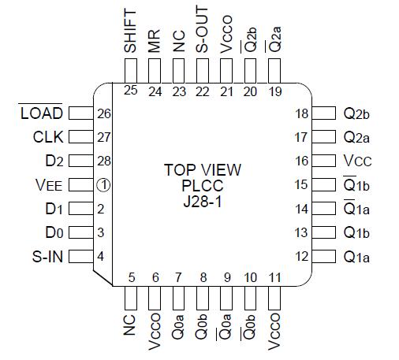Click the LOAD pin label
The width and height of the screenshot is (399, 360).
[x=40, y=114]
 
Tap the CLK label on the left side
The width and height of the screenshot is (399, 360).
[x=47, y=137]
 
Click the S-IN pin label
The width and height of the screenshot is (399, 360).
[x=47, y=256]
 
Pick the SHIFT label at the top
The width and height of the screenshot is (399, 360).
[x=131, y=32]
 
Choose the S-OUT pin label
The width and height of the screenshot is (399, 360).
[x=203, y=32]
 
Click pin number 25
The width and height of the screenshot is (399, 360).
[x=131, y=90]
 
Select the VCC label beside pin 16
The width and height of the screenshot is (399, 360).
[x=356, y=161]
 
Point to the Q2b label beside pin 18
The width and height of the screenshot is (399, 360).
[x=356, y=114]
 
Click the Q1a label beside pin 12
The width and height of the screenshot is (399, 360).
[x=356, y=256]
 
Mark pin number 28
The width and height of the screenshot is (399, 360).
[x=103, y=161]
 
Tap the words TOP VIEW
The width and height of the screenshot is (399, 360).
[x=203, y=169]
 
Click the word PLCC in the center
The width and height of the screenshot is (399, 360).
[x=203, y=185]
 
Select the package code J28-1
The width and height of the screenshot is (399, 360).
[x=203, y=201]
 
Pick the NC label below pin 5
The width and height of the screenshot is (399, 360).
[x=131, y=324]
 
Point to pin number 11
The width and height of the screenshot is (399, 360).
[x=274, y=277]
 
